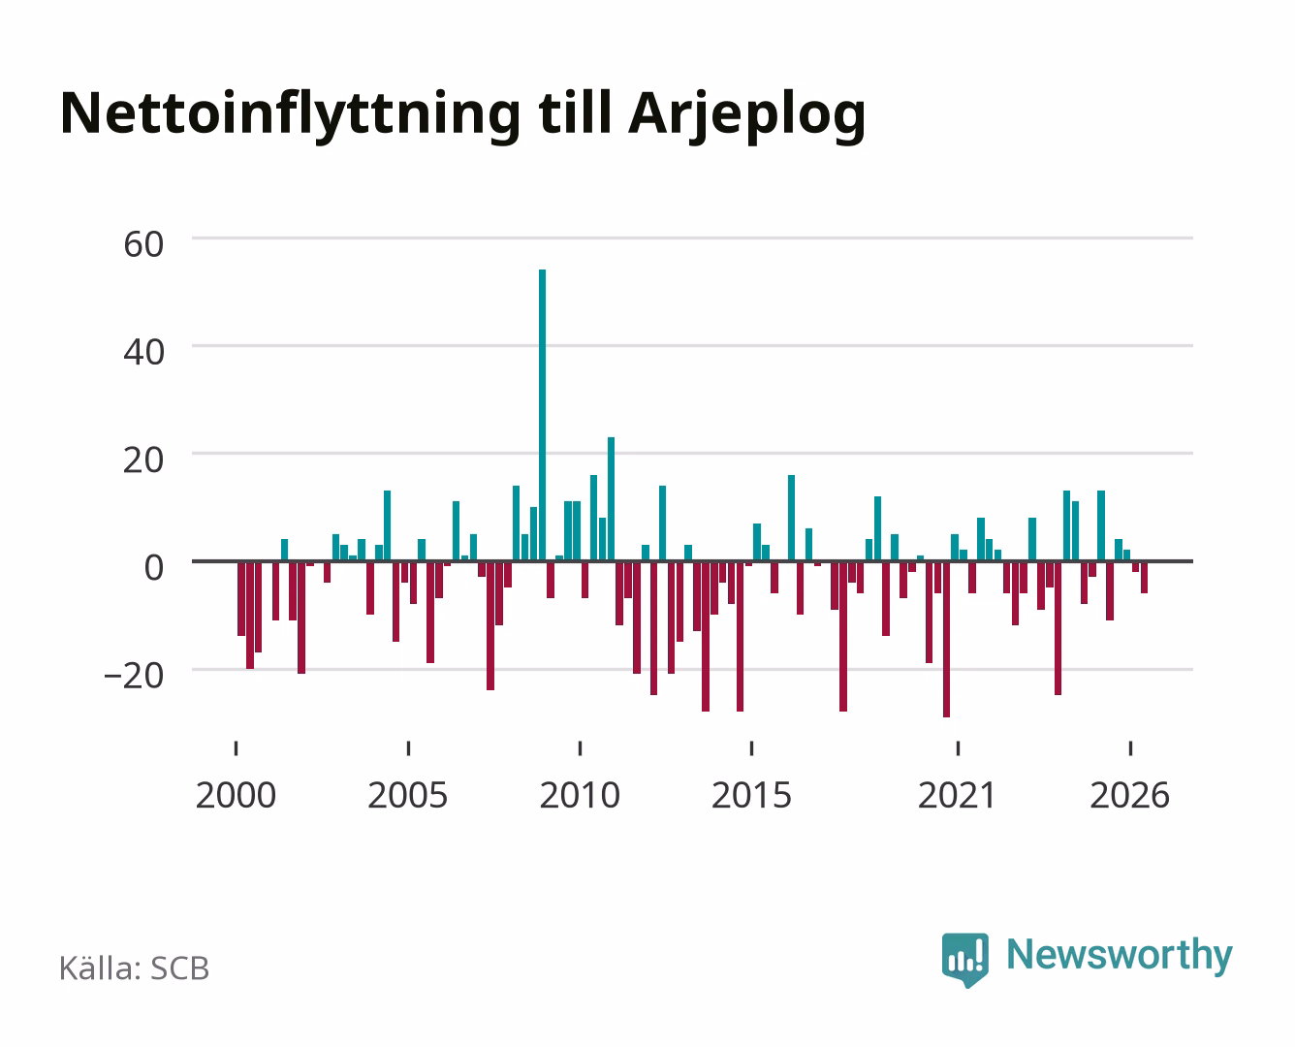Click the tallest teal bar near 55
pyautogui.click(x=542, y=415)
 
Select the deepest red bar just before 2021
pyautogui.click(x=947, y=639)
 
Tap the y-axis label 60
pyautogui.click(x=143, y=244)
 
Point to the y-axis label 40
pyautogui.click(x=143, y=352)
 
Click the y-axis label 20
pyautogui.click(x=143, y=460)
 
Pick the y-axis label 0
pyautogui.click(x=154, y=568)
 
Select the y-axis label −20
pyautogui.click(x=134, y=676)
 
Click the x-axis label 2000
pyautogui.click(x=236, y=795)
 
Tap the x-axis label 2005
pyautogui.click(x=408, y=795)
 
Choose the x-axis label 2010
pyautogui.click(x=580, y=795)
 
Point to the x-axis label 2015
pyautogui.click(x=752, y=795)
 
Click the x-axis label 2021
pyautogui.click(x=958, y=795)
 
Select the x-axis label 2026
pyautogui.click(x=1130, y=795)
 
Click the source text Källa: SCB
pyautogui.click(x=135, y=968)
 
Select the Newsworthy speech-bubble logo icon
pyautogui.click(x=964, y=960)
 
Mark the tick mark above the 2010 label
pyautogui.click(x=580, y=747)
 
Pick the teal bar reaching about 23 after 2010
pyautogui.click(x=611, y=498)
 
